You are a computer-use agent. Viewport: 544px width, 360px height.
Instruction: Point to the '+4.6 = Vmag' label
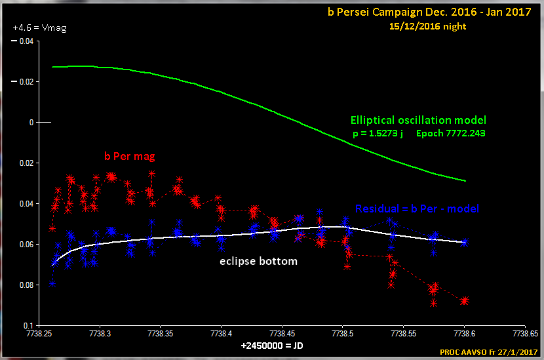click(x=39, y=28)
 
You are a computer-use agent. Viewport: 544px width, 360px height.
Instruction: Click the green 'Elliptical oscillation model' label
click(x=419, y=121)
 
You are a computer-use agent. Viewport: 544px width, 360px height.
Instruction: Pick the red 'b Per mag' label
click(x=129, y=157)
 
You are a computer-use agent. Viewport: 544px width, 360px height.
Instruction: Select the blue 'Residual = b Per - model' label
click(x=417, y=209)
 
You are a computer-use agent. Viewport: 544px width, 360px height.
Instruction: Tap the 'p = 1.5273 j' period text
click(x=377, y=133)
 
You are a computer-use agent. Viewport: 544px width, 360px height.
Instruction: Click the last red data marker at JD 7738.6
click(x=465, y=300)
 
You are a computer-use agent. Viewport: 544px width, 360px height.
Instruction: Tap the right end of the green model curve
click(x=465, y=180)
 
